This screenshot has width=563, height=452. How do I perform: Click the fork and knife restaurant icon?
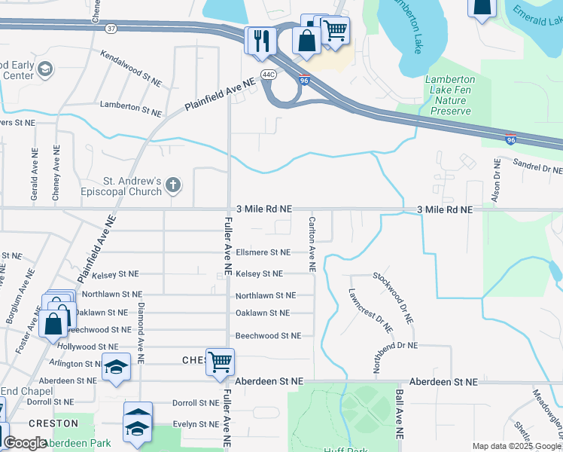pos(260,41)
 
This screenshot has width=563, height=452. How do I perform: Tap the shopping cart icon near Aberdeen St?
pos(220,362)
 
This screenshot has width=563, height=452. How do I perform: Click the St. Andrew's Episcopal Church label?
pos(132,186)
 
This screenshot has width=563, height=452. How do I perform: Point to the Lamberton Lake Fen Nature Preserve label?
pos(450,95)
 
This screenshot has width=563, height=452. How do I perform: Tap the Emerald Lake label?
pos(537,22)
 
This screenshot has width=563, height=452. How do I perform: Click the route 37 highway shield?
pos(111,28)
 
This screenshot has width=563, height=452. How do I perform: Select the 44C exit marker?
pos(268,74)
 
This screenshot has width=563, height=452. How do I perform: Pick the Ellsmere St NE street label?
pos(263,252)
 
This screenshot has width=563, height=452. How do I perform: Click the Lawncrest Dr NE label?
pos(370,311)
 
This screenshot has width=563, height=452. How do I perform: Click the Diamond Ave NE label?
pos(141,328)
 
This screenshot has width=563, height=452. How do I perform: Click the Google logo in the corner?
pos(25,443)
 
